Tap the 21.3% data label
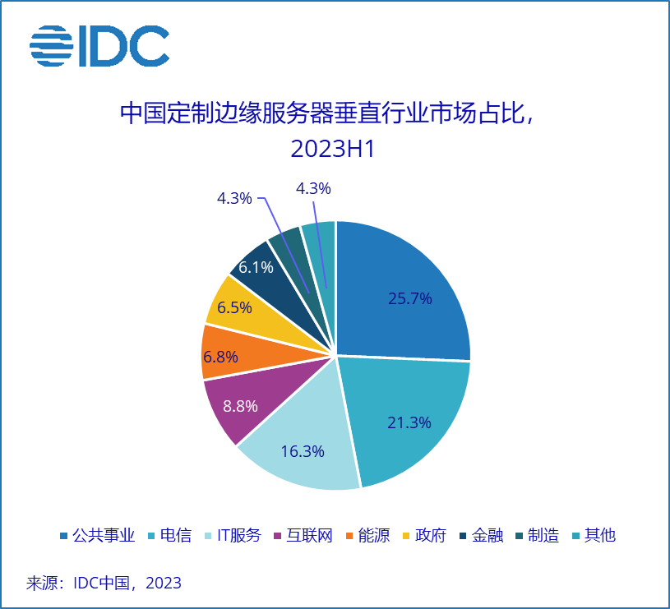click(x=409, y=422)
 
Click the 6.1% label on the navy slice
click(x=256, y=267)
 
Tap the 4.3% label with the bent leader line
click(x=234, y=198)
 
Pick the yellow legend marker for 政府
click(x=405, y=537)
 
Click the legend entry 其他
click(x=599, y=536)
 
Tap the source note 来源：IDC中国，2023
click(x=104, y=583)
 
